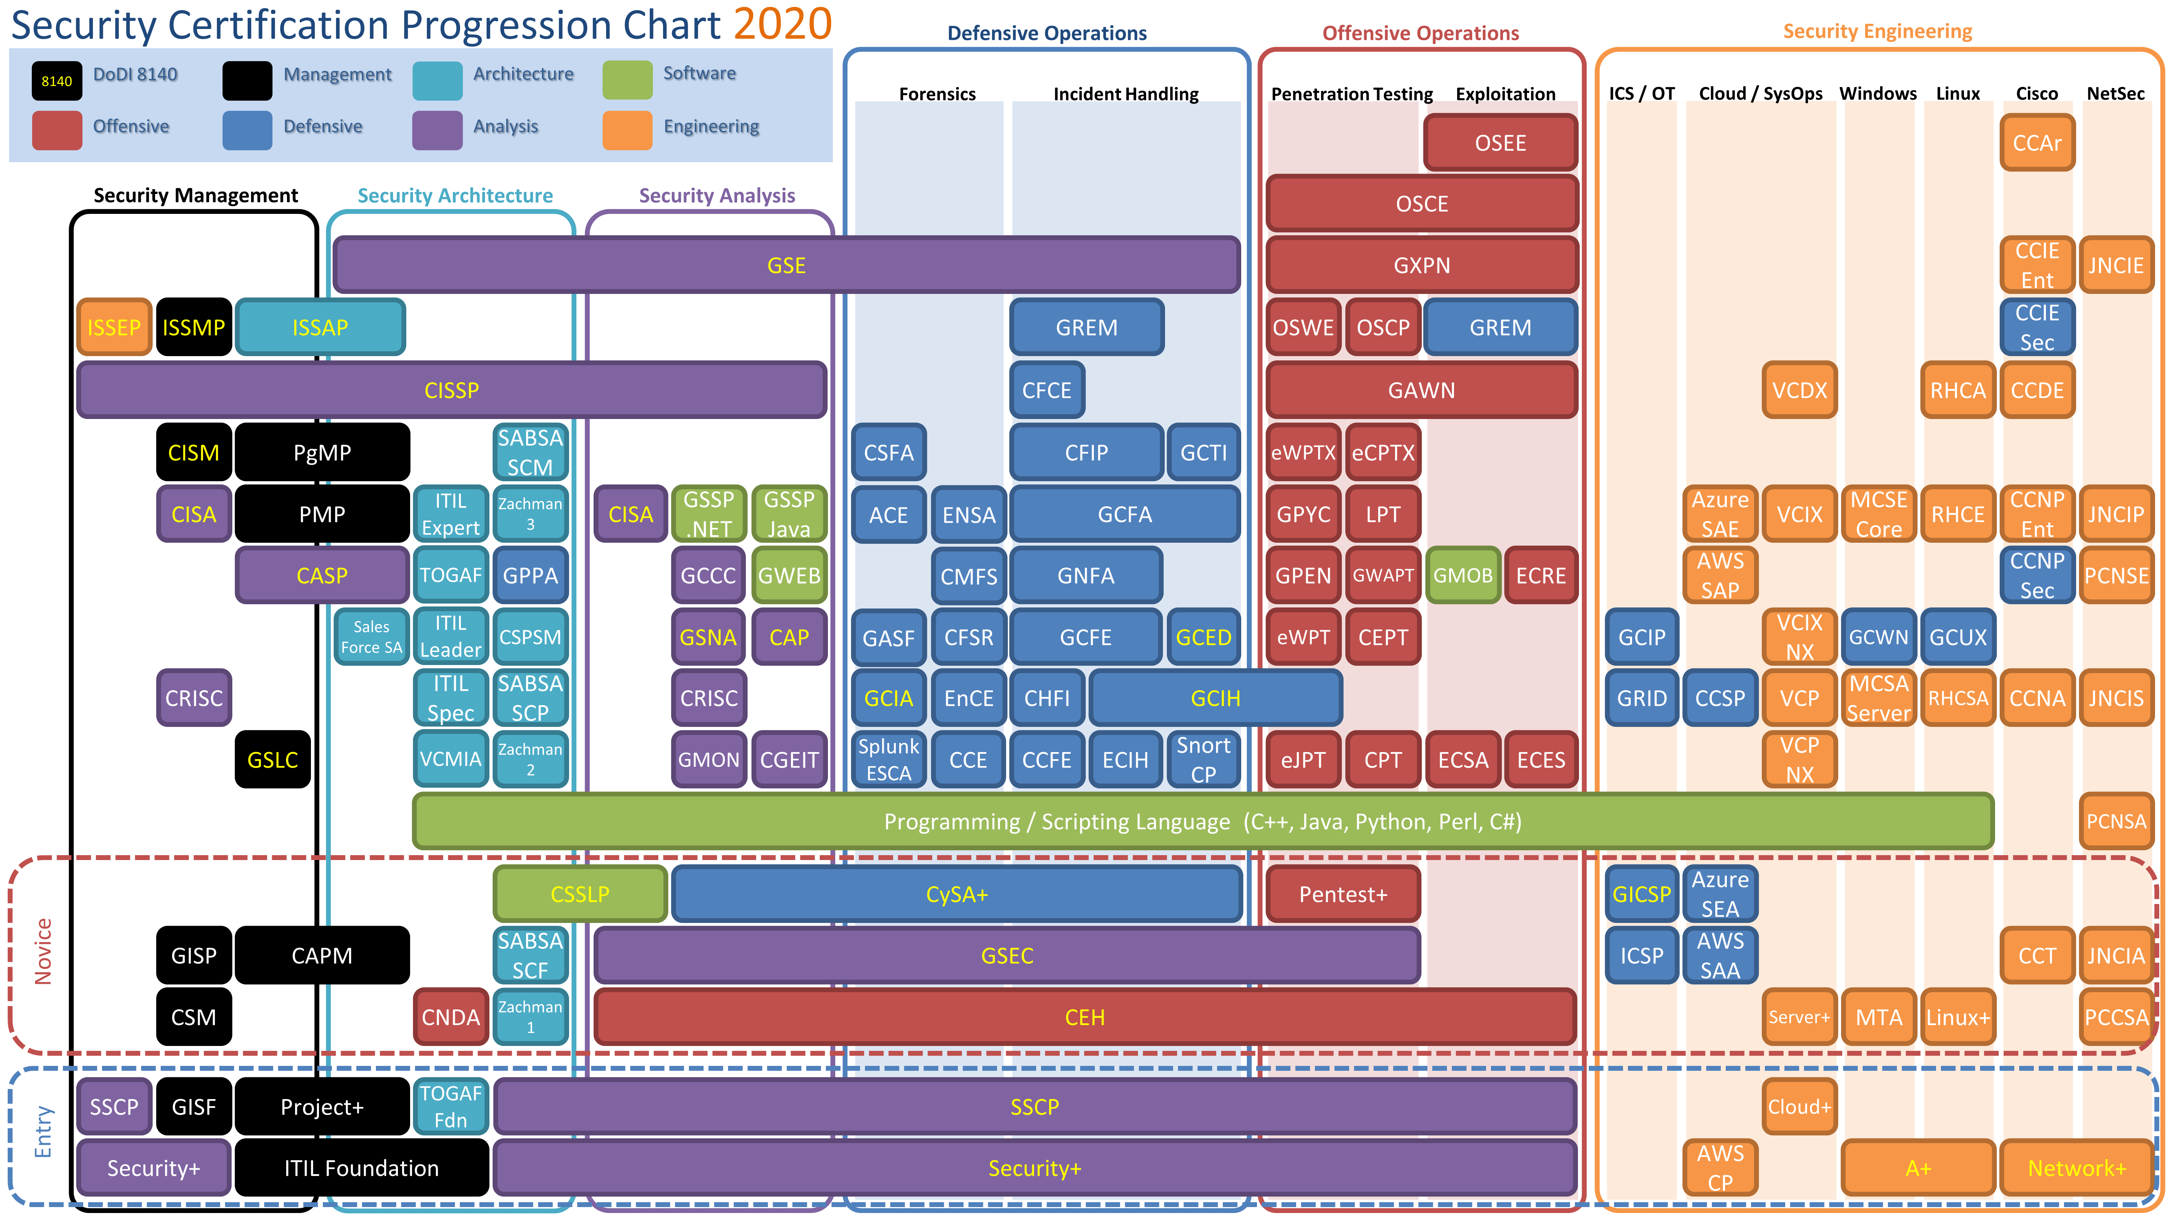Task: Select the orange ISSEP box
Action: (114, 327)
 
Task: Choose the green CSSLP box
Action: (580, 894)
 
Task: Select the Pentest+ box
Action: (1343, 894)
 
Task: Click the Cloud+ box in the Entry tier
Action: (1799, 1106)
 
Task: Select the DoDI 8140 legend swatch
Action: (56, 81)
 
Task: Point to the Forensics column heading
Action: (937, 93)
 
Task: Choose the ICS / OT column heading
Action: (1641, 93)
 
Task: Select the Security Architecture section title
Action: (455, 195)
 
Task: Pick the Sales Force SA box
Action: (371, 636)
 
